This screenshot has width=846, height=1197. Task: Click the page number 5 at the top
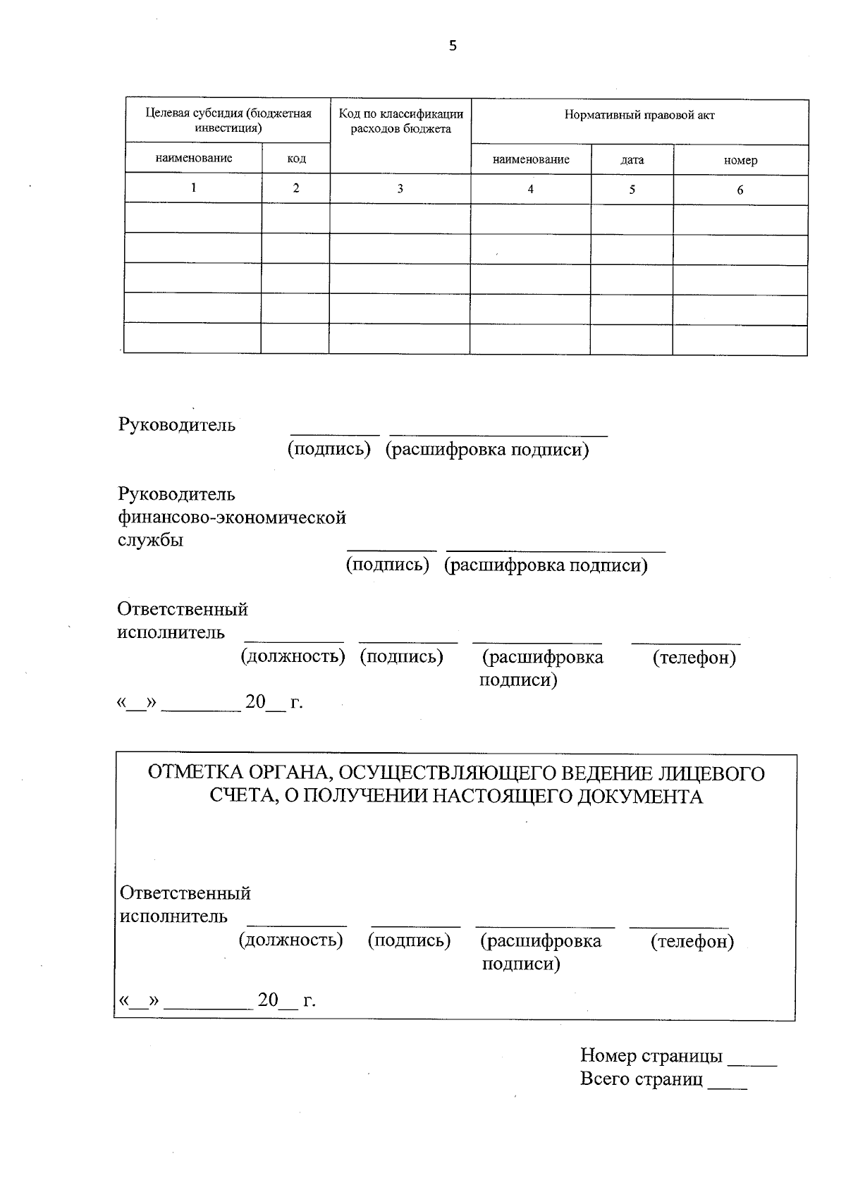click(453, 47)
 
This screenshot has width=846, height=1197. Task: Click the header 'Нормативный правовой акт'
click(639, 116)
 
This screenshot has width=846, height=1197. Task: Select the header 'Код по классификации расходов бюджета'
click(400, 121)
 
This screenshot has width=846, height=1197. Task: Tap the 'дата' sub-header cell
click(632, 160)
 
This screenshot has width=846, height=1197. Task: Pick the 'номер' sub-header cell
click(740, 161)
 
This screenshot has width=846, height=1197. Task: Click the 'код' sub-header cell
click(296, 159)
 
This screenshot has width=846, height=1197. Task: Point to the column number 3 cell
click(400, 189)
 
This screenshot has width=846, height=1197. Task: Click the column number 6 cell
click(740, 190)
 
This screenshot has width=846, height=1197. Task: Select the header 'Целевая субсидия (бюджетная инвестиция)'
click(228, 121)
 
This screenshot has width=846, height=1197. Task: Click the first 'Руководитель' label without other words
click(177, 425)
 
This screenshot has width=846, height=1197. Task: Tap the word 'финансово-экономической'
click(232, 517)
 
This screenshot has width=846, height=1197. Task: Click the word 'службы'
click(150, 541)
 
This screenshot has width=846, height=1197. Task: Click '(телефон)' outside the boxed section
click(694, 658)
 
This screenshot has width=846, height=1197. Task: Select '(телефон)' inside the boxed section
click(692, 941)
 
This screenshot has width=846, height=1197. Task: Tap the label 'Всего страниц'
click(642, 1079)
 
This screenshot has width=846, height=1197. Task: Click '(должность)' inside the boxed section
click(291, 940)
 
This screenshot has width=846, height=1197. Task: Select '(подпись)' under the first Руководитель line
click(329, 450)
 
